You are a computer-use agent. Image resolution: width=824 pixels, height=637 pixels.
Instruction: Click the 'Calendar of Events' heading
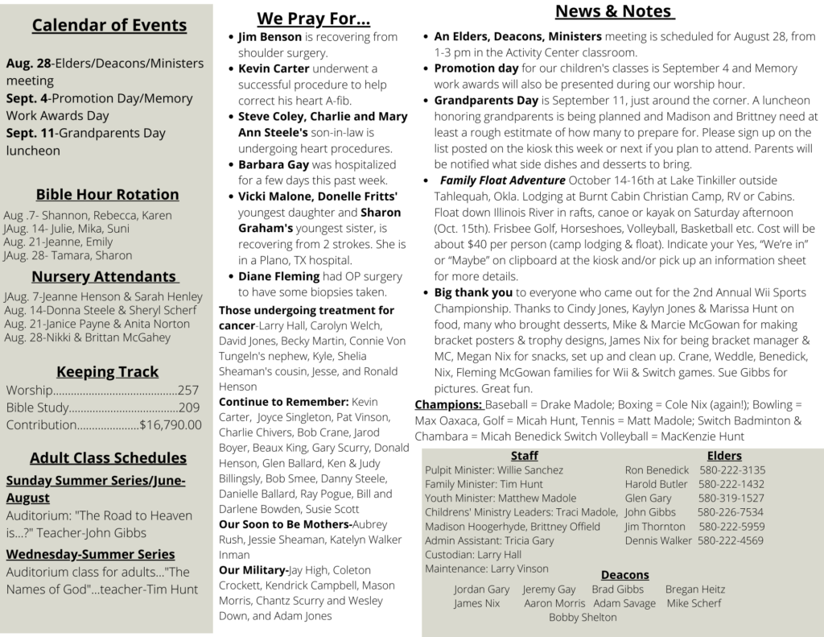[x=109, y=25]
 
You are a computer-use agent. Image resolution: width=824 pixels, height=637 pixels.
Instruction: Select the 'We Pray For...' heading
[x=313, y=18]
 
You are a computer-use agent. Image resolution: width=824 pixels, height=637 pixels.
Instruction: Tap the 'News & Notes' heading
[x=613, y=11]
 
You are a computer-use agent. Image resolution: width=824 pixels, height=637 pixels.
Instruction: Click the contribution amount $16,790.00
[x=171, y=424]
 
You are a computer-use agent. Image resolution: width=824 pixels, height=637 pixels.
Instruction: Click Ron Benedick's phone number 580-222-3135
[x=732, y=470]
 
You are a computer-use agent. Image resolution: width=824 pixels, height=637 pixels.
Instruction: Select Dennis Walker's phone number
[x=731, y=540]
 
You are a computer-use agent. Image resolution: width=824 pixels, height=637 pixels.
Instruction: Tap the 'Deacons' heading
[x=624, y=574]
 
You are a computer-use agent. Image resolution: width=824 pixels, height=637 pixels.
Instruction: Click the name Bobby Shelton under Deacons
[x=583, y=617]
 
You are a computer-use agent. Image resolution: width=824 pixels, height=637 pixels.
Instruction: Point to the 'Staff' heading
[x=524, y=456]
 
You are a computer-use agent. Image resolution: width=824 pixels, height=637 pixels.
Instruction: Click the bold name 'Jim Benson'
[x=270, y=37]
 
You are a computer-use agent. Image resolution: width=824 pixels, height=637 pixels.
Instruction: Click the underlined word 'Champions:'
[x=448, y=404]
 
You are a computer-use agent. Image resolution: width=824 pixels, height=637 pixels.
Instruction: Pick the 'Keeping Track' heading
[x=107, y=372]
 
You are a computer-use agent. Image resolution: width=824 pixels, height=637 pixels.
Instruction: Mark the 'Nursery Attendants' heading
[x=104, y=277]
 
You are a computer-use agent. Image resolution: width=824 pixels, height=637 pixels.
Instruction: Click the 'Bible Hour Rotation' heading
[x=107, y=194]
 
